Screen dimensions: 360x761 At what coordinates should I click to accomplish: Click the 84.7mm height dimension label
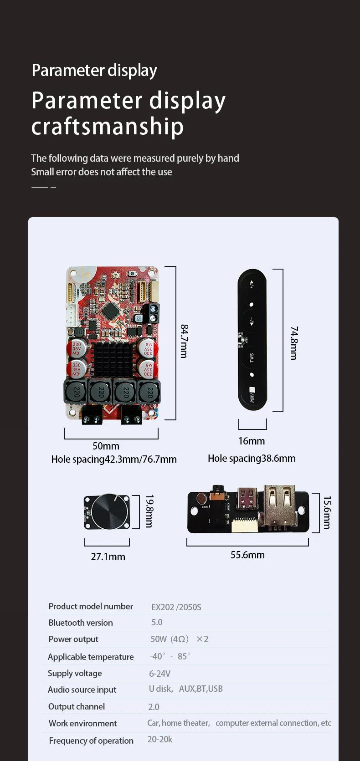pos(184,341)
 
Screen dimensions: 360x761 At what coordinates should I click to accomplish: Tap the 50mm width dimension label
pos(106,446)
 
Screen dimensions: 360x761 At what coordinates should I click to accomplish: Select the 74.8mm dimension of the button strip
pos(294,343)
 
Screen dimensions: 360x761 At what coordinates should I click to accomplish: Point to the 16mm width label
pos(252,441)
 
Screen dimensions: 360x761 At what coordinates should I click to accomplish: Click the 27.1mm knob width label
pos(108,557)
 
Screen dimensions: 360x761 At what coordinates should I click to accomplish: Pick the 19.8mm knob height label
pos(149,511)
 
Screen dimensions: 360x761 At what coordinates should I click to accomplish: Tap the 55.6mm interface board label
pos(247,555)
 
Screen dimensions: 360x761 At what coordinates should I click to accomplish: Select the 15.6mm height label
pos(327,512)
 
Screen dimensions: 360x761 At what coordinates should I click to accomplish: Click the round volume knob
pos(110,511)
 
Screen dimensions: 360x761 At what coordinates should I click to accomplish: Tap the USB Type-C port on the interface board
pos(248,499)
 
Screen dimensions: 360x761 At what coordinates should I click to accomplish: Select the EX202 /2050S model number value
pos(176,607)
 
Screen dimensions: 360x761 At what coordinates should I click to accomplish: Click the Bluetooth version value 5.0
pos(157,622)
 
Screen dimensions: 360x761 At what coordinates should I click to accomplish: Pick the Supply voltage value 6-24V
pos(160,674)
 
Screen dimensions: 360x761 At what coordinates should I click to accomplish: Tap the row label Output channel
pos(77,706)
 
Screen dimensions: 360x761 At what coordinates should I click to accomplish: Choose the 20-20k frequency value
pos(160,739)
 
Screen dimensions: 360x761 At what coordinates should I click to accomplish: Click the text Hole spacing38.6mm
pos(252,458)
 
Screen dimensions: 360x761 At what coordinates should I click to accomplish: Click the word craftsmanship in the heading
pos(108,127)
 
